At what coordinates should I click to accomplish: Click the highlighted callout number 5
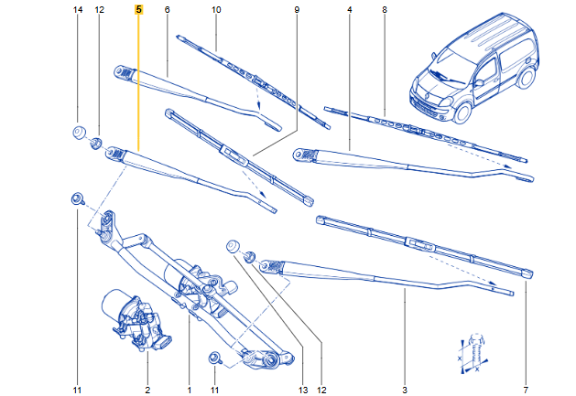tap(138, 9)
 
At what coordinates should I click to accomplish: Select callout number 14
tap(77, 9)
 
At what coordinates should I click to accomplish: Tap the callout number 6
tap(167, 9)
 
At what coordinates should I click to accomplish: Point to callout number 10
tap(216, 9)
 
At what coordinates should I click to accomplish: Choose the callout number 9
tap(297, 9)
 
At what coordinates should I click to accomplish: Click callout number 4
tap(350, 9)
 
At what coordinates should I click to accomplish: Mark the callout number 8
tap(385, 9)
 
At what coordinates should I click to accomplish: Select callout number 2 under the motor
tap(147, 391)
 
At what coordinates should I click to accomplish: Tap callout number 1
tap(189, 391)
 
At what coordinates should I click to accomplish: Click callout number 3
tap(405, 391)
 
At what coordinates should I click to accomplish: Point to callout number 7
tap(526, 391)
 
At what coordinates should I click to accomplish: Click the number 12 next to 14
tap(99, 9)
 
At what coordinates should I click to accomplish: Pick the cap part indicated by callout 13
tap(234, 246)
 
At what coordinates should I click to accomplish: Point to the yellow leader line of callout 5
tap(138, 82)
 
